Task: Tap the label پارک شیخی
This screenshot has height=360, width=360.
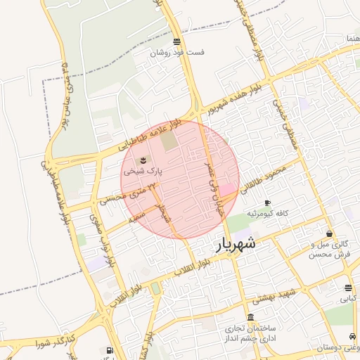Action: [x=143, y=171]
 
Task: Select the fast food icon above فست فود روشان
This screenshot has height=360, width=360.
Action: [x=176, y=41]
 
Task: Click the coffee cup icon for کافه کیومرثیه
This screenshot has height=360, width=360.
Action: [x=266, y=202]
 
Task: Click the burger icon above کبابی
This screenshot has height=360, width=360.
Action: [x=349, y=288]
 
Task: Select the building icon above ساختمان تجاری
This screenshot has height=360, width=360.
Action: [x=251, y=317]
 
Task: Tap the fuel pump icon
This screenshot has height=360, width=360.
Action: [x=109, y=351]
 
